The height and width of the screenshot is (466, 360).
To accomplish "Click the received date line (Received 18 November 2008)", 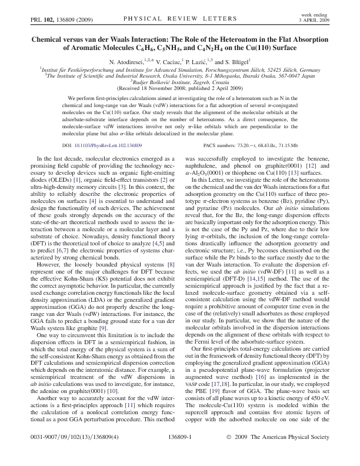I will pos(180,88).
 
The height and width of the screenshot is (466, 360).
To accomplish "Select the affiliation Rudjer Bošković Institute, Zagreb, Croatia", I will pos(180,82).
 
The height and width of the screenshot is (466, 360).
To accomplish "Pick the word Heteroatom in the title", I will pos(226,39).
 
